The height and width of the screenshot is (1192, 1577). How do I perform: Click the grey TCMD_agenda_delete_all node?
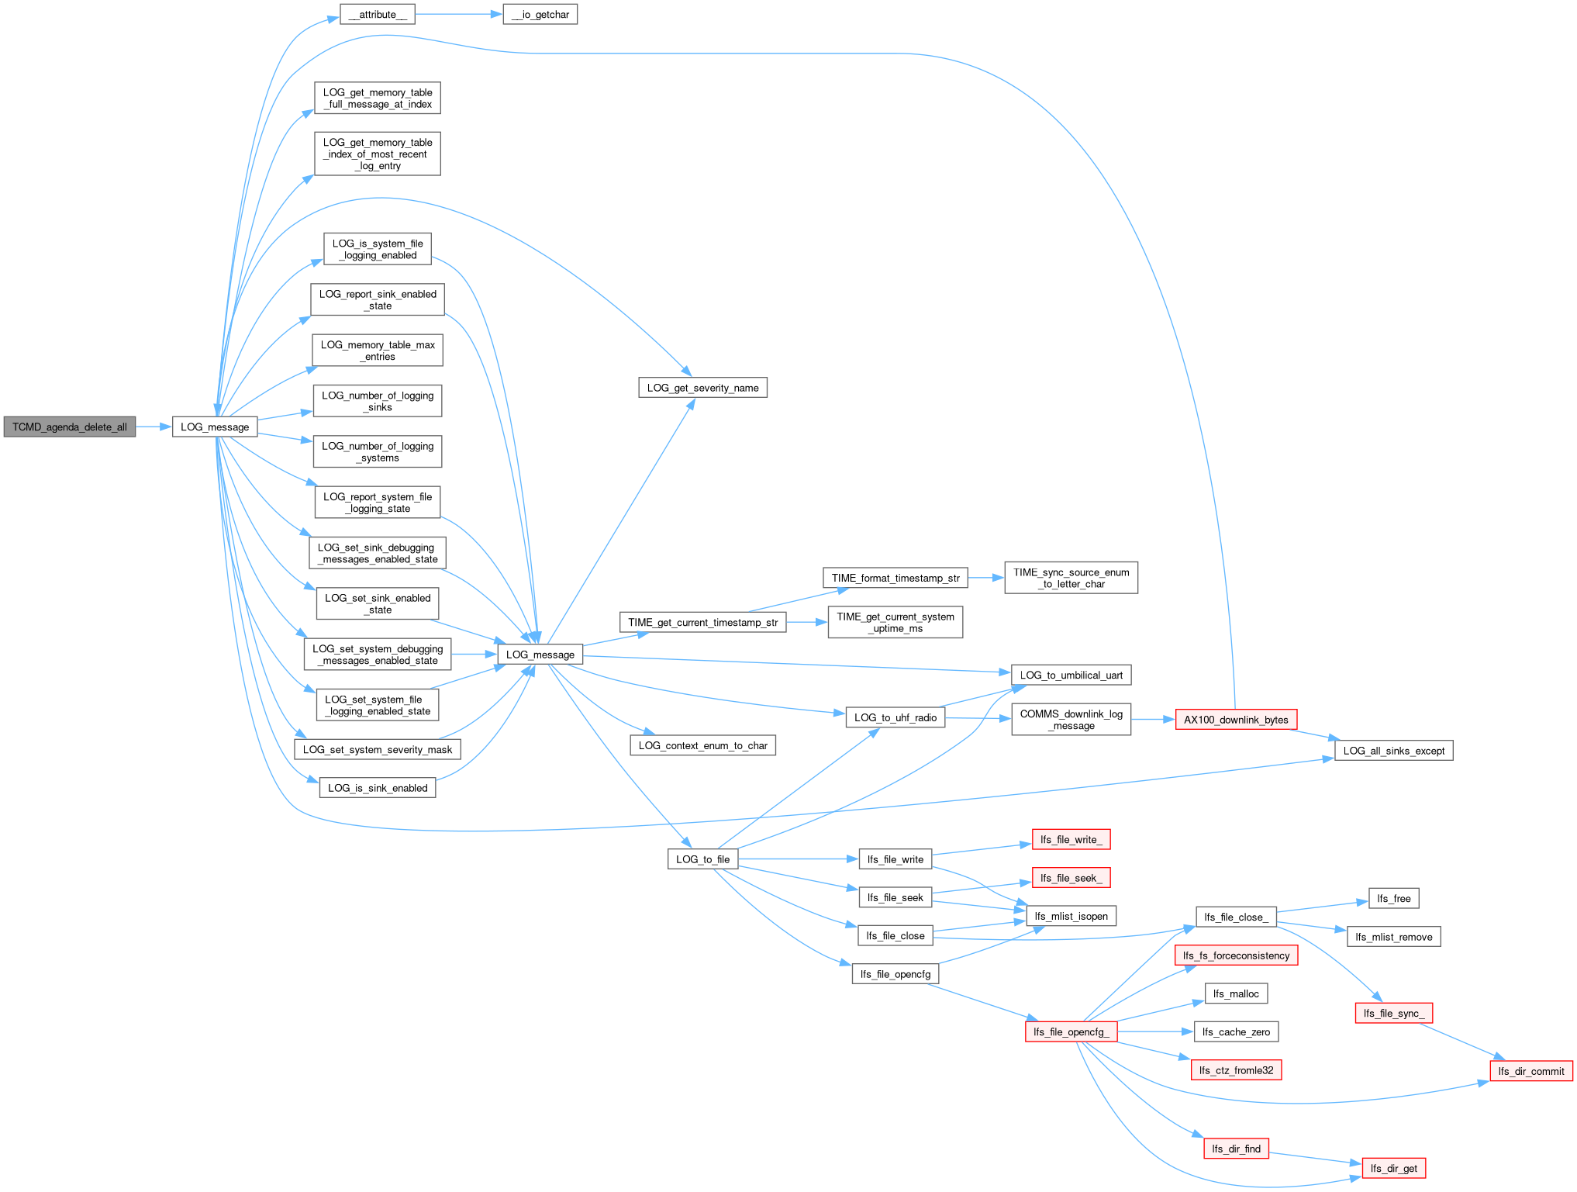(x=70, y=427)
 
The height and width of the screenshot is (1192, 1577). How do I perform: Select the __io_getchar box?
(x=540, y=14)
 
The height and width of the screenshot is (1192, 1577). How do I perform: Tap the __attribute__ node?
(x=378, y=14)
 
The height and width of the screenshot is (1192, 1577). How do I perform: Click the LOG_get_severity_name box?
(x=703, y=388)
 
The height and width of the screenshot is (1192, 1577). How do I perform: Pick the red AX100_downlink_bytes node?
(x=1236, y=720)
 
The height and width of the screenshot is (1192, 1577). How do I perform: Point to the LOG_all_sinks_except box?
(x=1394, y=751)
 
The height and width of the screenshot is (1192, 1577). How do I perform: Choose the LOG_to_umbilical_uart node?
(x=1071, y=675)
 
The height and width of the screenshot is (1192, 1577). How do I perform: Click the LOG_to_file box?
(x=703, y=859)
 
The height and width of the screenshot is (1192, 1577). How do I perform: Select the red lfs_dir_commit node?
(x=1531, y=1071)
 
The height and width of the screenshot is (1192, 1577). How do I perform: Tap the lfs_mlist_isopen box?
(x=1071, y=916)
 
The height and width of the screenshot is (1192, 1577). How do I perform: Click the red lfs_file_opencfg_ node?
(x=1071, y=1031)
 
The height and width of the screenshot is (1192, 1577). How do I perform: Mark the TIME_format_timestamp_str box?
(x=895, y=578)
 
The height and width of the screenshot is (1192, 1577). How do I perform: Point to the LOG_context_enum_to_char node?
(x=703, y=745)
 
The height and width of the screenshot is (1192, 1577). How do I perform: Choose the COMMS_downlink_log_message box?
(x=1071, y=720)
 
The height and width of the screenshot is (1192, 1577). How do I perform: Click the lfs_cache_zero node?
(x=1237, y=1031)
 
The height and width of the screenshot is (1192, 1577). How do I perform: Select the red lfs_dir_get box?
(x=1394, y=1168)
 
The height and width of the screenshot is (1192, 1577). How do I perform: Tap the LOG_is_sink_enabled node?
(x=378, y=788)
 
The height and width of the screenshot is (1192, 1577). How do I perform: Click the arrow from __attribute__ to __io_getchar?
(x=459, y=14)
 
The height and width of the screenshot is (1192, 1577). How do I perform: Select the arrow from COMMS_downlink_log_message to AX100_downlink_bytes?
(x=1154, y=720)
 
